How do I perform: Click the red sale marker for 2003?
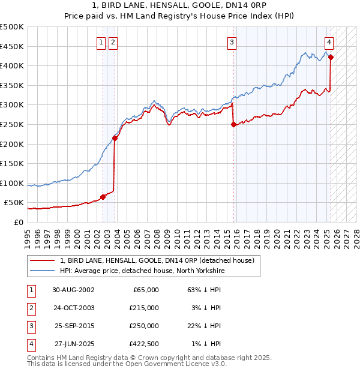(x=115, y=138)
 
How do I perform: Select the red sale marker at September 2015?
(x=233, y=125)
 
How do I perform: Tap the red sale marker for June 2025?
(x=331, y=58)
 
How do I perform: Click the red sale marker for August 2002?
(x=103, y=196)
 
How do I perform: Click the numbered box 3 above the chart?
(x=232, y=42)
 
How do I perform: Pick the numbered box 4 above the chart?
(x=329, y=42)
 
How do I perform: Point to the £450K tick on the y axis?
(x=12, y=46)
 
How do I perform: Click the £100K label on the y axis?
(x=12, y=183)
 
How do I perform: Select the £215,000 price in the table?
(x=145, y=308)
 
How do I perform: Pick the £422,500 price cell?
(x=145, y=344)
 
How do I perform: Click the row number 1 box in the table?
(x=31, y=290)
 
